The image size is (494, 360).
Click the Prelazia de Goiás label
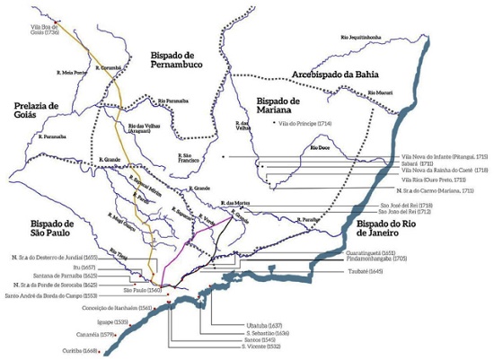pyautogui.click(x=36, y=110)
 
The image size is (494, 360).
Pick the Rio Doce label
pyautogui.click(x=320, y=146)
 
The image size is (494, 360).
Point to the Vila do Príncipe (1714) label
pyautogui.click(x=305, y=122)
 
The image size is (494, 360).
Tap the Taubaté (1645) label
pyautogui.click(x=362, y=270)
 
